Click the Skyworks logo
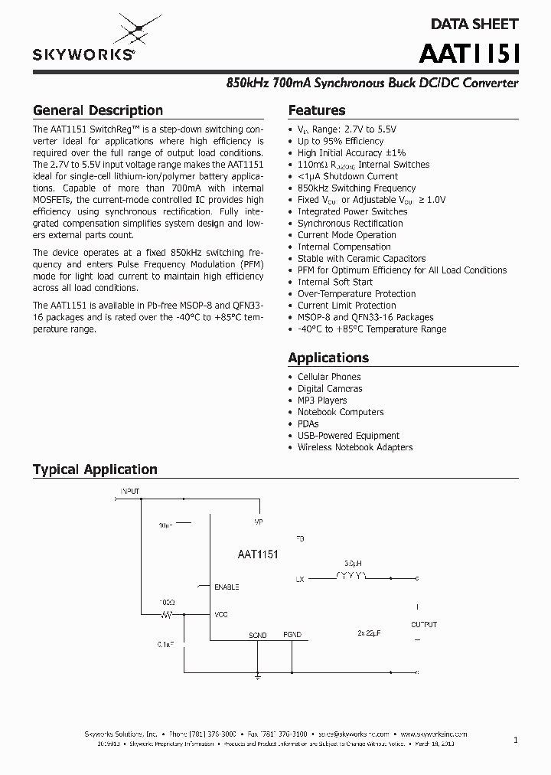(84, 40)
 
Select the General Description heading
(98, 110)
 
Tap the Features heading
(317, 110)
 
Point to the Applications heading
(328, 358)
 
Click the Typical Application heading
(95, 469)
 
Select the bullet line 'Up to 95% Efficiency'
(341, 141)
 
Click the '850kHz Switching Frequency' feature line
(357, 188)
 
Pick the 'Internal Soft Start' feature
(335, 282)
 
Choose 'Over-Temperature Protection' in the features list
(357, 293)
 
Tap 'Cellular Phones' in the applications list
(329, 377)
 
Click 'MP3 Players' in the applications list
(322, 401)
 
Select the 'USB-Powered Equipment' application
(348, 436)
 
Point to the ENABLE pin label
(227, 587)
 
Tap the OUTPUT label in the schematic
(424, 625)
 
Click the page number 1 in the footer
(516, 740)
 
